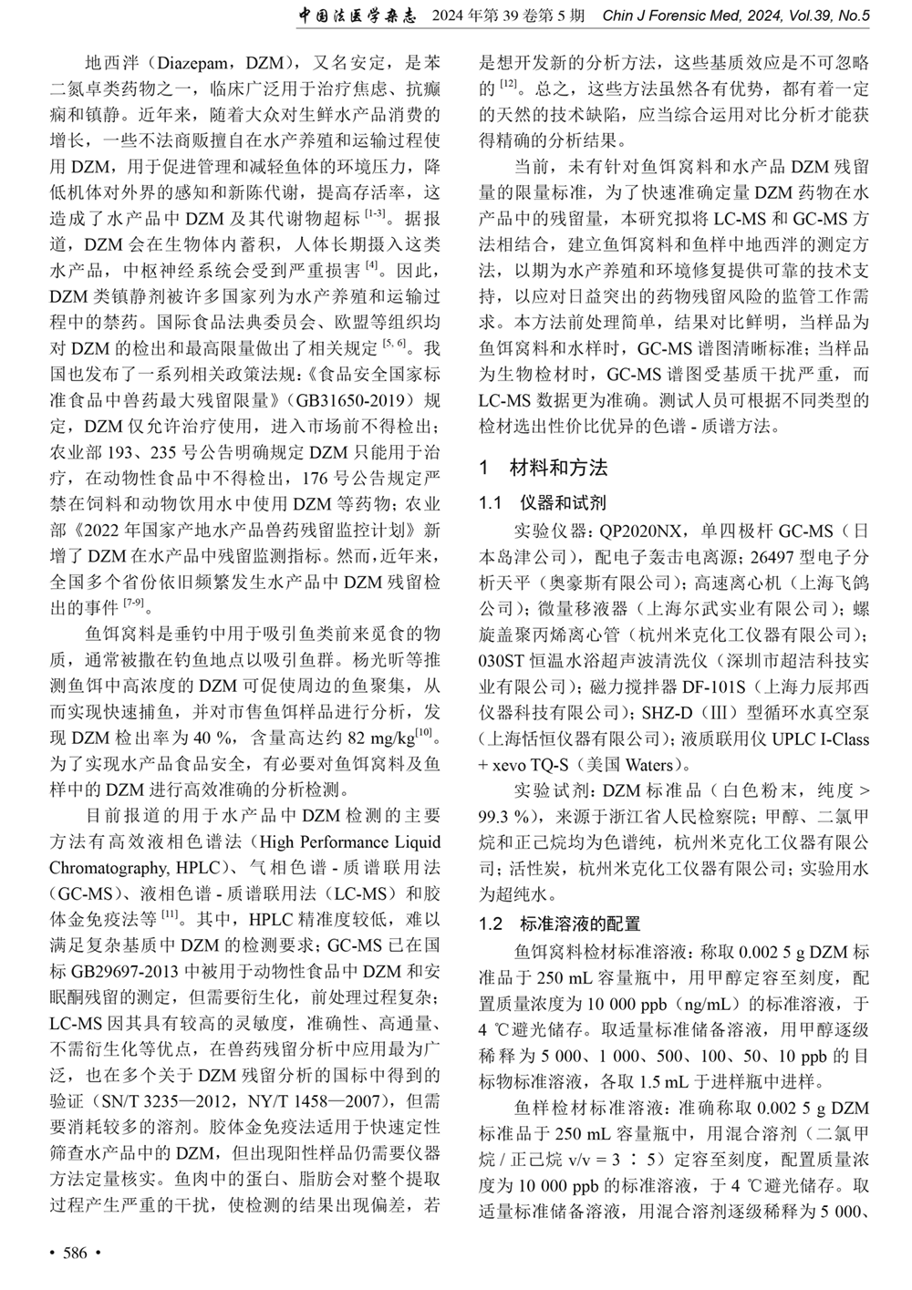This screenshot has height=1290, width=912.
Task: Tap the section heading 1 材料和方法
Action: (544, 468)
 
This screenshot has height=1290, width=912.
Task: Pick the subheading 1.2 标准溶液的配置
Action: (560, 924)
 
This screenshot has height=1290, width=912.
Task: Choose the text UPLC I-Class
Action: (816, 739)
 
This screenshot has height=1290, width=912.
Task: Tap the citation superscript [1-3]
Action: (374, 216)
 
